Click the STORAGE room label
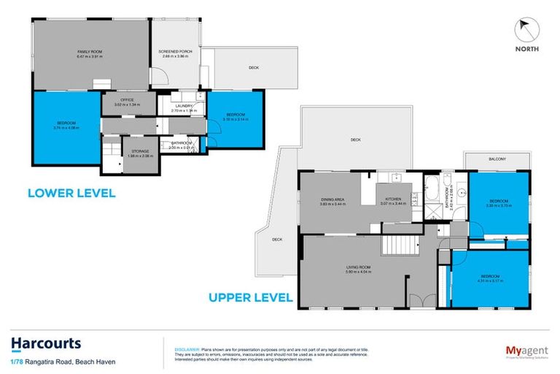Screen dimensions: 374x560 (x=139, y=152)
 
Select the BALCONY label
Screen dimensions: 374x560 (x=497, y=159)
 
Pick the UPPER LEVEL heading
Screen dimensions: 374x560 (x=251, y=297)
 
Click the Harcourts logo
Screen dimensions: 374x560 (x=45, y=343)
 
